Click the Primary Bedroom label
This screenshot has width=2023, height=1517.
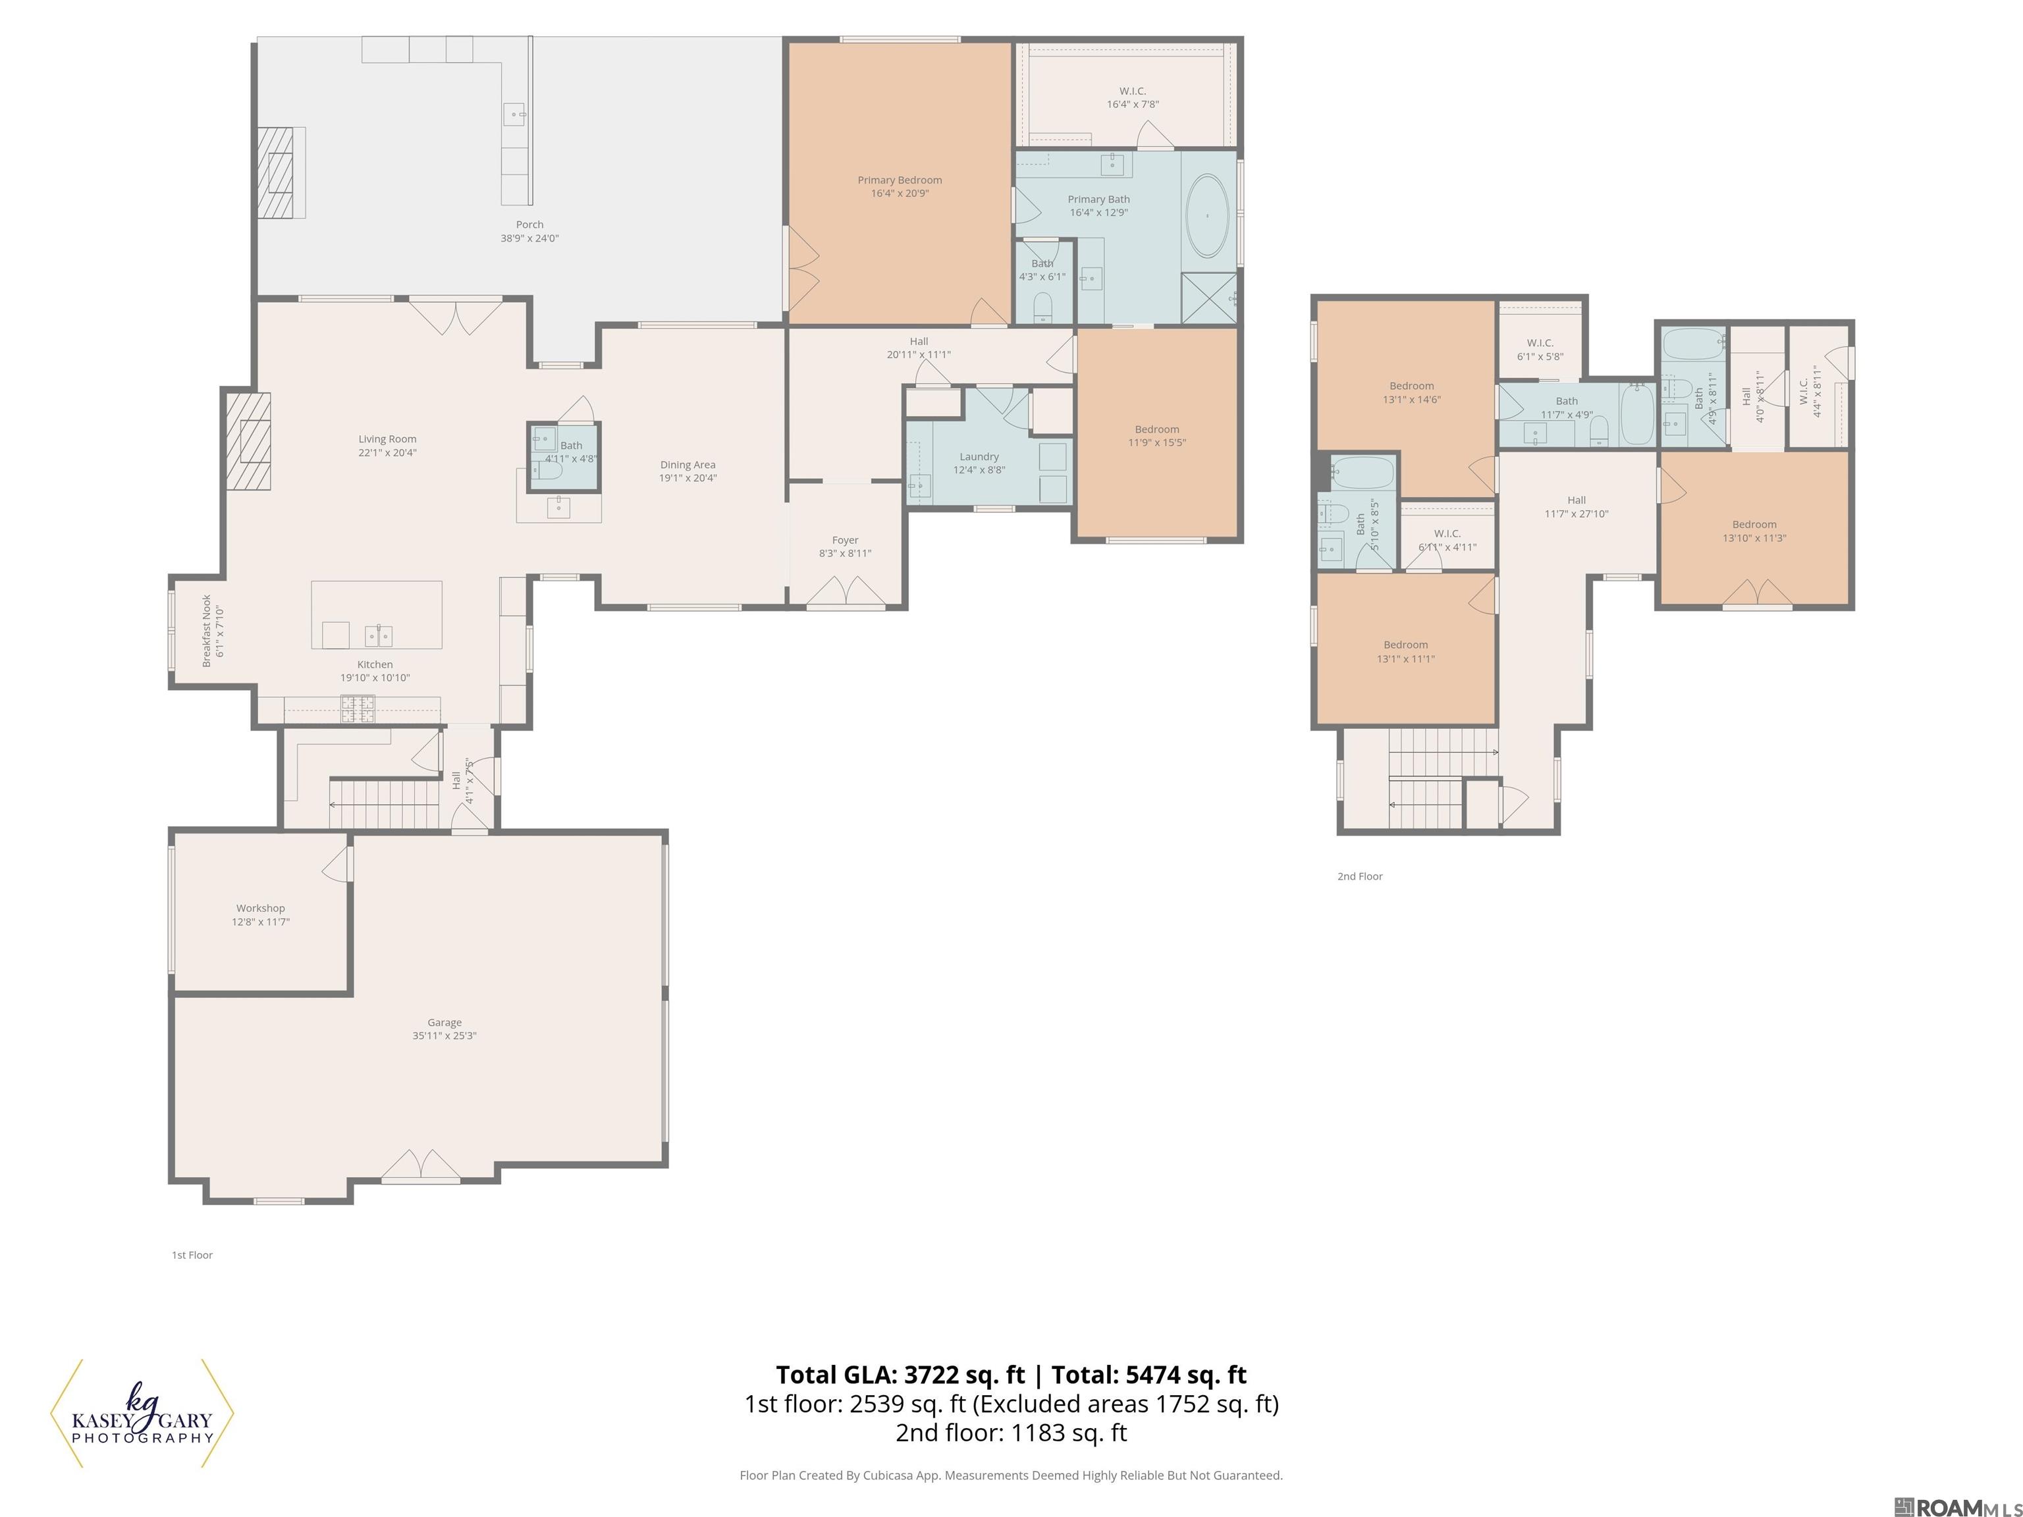pos(899,180)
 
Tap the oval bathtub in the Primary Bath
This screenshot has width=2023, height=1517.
pos(1207,216)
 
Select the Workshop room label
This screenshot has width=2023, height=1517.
pos(261,908)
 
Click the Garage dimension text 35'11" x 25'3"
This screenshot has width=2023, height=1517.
pos(445,1036)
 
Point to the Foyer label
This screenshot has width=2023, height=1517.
pos(845,541)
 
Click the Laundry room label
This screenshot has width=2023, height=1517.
pos(979,456)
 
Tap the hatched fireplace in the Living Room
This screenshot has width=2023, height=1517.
pos(249,442)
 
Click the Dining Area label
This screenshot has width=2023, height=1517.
pos(688,465)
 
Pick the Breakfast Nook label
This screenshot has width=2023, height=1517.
pos(207,631)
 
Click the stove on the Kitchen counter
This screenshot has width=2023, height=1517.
pos(358,708)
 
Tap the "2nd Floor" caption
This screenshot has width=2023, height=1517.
pos(1360,876)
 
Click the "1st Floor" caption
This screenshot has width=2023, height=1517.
pos(192,1254)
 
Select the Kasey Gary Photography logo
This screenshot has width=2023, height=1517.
pos(142,1413)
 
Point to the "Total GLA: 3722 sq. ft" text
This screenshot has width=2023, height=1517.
pos(901,1374)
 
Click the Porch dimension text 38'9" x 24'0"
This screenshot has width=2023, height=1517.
pos(529,238)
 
